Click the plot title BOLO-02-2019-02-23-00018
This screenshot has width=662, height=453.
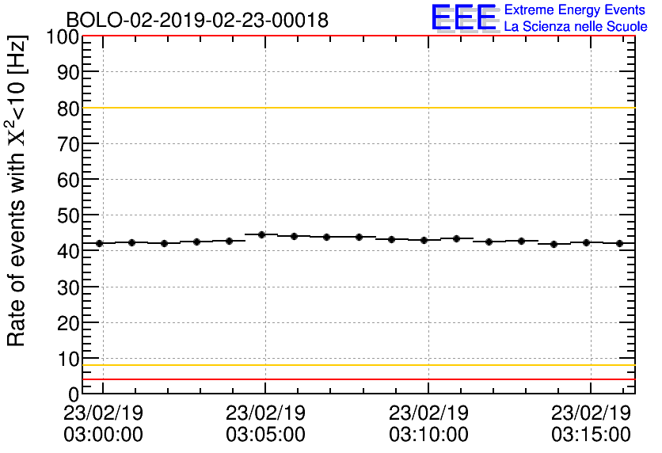click(197, 21)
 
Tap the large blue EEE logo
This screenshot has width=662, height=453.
click(464, 18)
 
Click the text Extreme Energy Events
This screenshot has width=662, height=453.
click(575, 10)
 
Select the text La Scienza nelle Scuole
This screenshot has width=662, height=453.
click(575, 27)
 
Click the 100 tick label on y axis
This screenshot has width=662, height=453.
click(62, 37)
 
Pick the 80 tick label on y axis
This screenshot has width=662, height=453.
click(67, 108)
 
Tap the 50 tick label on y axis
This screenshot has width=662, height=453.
click(67, 215)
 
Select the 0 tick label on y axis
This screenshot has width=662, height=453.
click(74, 394)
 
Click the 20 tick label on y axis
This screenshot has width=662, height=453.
click(67, 322)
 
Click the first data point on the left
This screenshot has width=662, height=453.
click(99, 243)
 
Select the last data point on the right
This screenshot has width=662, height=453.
click(619, 243)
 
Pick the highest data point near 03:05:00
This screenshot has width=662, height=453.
click(261, 234)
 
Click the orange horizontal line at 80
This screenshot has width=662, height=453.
click(356, 108)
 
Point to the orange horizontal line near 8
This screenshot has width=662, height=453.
click(356, 365)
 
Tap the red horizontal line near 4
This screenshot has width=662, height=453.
click(356, 379)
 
